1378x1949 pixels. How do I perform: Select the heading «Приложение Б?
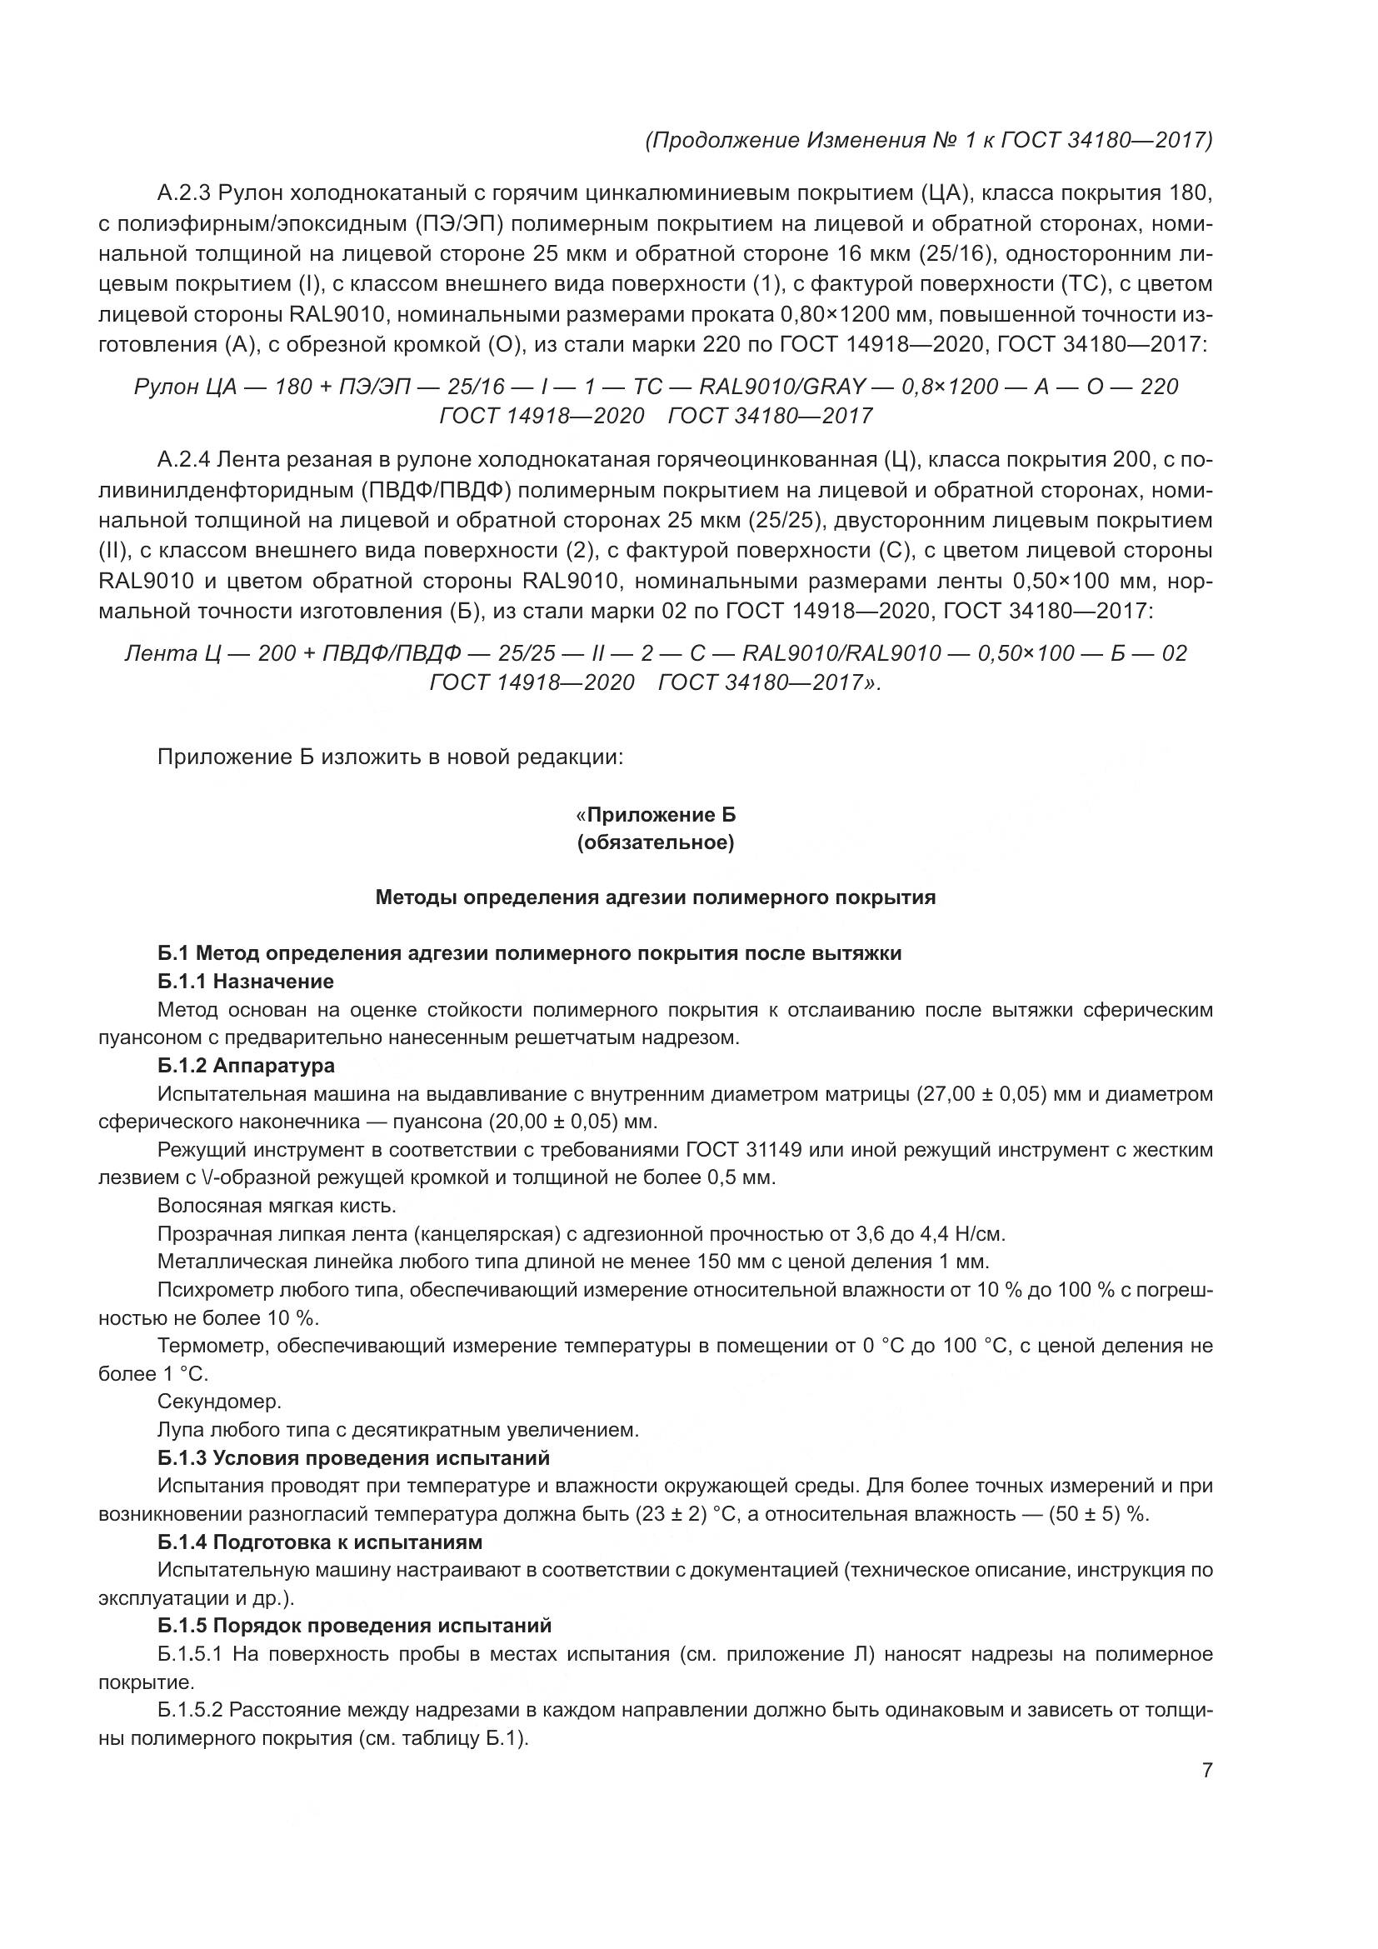[x=655, y=815]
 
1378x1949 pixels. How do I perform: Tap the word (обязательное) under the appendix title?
[x=655, y=843]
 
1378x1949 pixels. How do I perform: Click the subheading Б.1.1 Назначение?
[x=245, y=982]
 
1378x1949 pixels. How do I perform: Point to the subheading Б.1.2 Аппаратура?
[x=245, y=1066]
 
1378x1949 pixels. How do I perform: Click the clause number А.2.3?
[x=184, y=193]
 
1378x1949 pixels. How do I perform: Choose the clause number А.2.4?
[x=184, y=461]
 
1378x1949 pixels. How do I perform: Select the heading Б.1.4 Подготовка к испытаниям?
[x=320, y=1542]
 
